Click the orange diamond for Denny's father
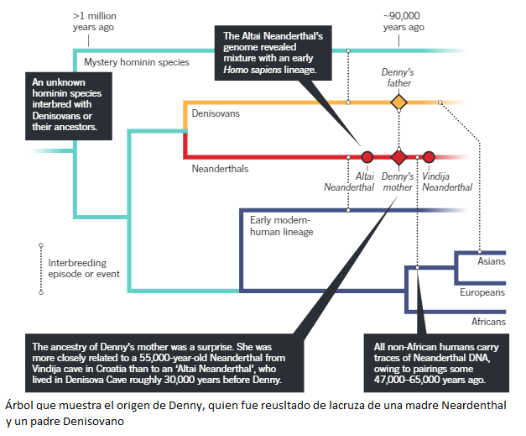click(398, 102)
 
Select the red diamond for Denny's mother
click(398, 157)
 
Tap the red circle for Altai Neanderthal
click(367, 157)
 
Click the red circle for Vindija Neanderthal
click(429, 157)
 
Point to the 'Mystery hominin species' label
click(137, 62)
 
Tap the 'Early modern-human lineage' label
click(281, 226)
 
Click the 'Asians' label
click(491, 261)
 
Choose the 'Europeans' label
click(482, 292)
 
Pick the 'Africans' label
click(487, 322)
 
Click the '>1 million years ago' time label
click(93, 21)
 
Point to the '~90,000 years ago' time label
click(404, 21)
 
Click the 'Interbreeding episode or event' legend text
click(84, 268)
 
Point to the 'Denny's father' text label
click(398, 78)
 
